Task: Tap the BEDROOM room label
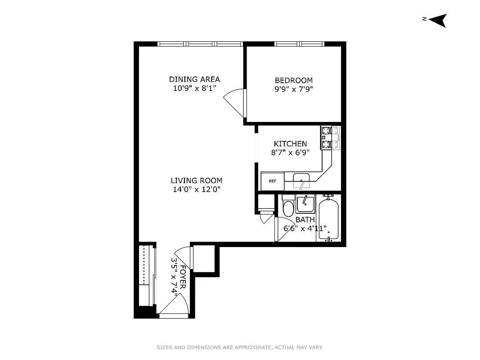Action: pyautogui.click(x=293, y=81)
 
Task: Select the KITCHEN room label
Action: pyautogui.click(x=290, y=144)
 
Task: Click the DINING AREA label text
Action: pyautogui.click(x=194, y=80)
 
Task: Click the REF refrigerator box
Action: pyautogui.click(x=272, y=181)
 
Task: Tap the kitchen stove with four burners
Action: pyautogui.click(x=330, y=138)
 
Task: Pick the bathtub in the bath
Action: pyautogui.click(x=329, y=218)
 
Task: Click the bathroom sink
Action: pyautogui.click(x=305, y=205)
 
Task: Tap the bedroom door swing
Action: pyautogui.click(x=235, y=101)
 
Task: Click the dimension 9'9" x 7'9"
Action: pyautogui.click(x=293, y=89)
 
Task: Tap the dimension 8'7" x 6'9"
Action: pyautogui.click(x=290, y=153)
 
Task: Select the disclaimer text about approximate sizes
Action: pyautogui.click(x=240, y=347)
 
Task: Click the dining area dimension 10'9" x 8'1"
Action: pyautogui.click(x=194, y=88)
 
